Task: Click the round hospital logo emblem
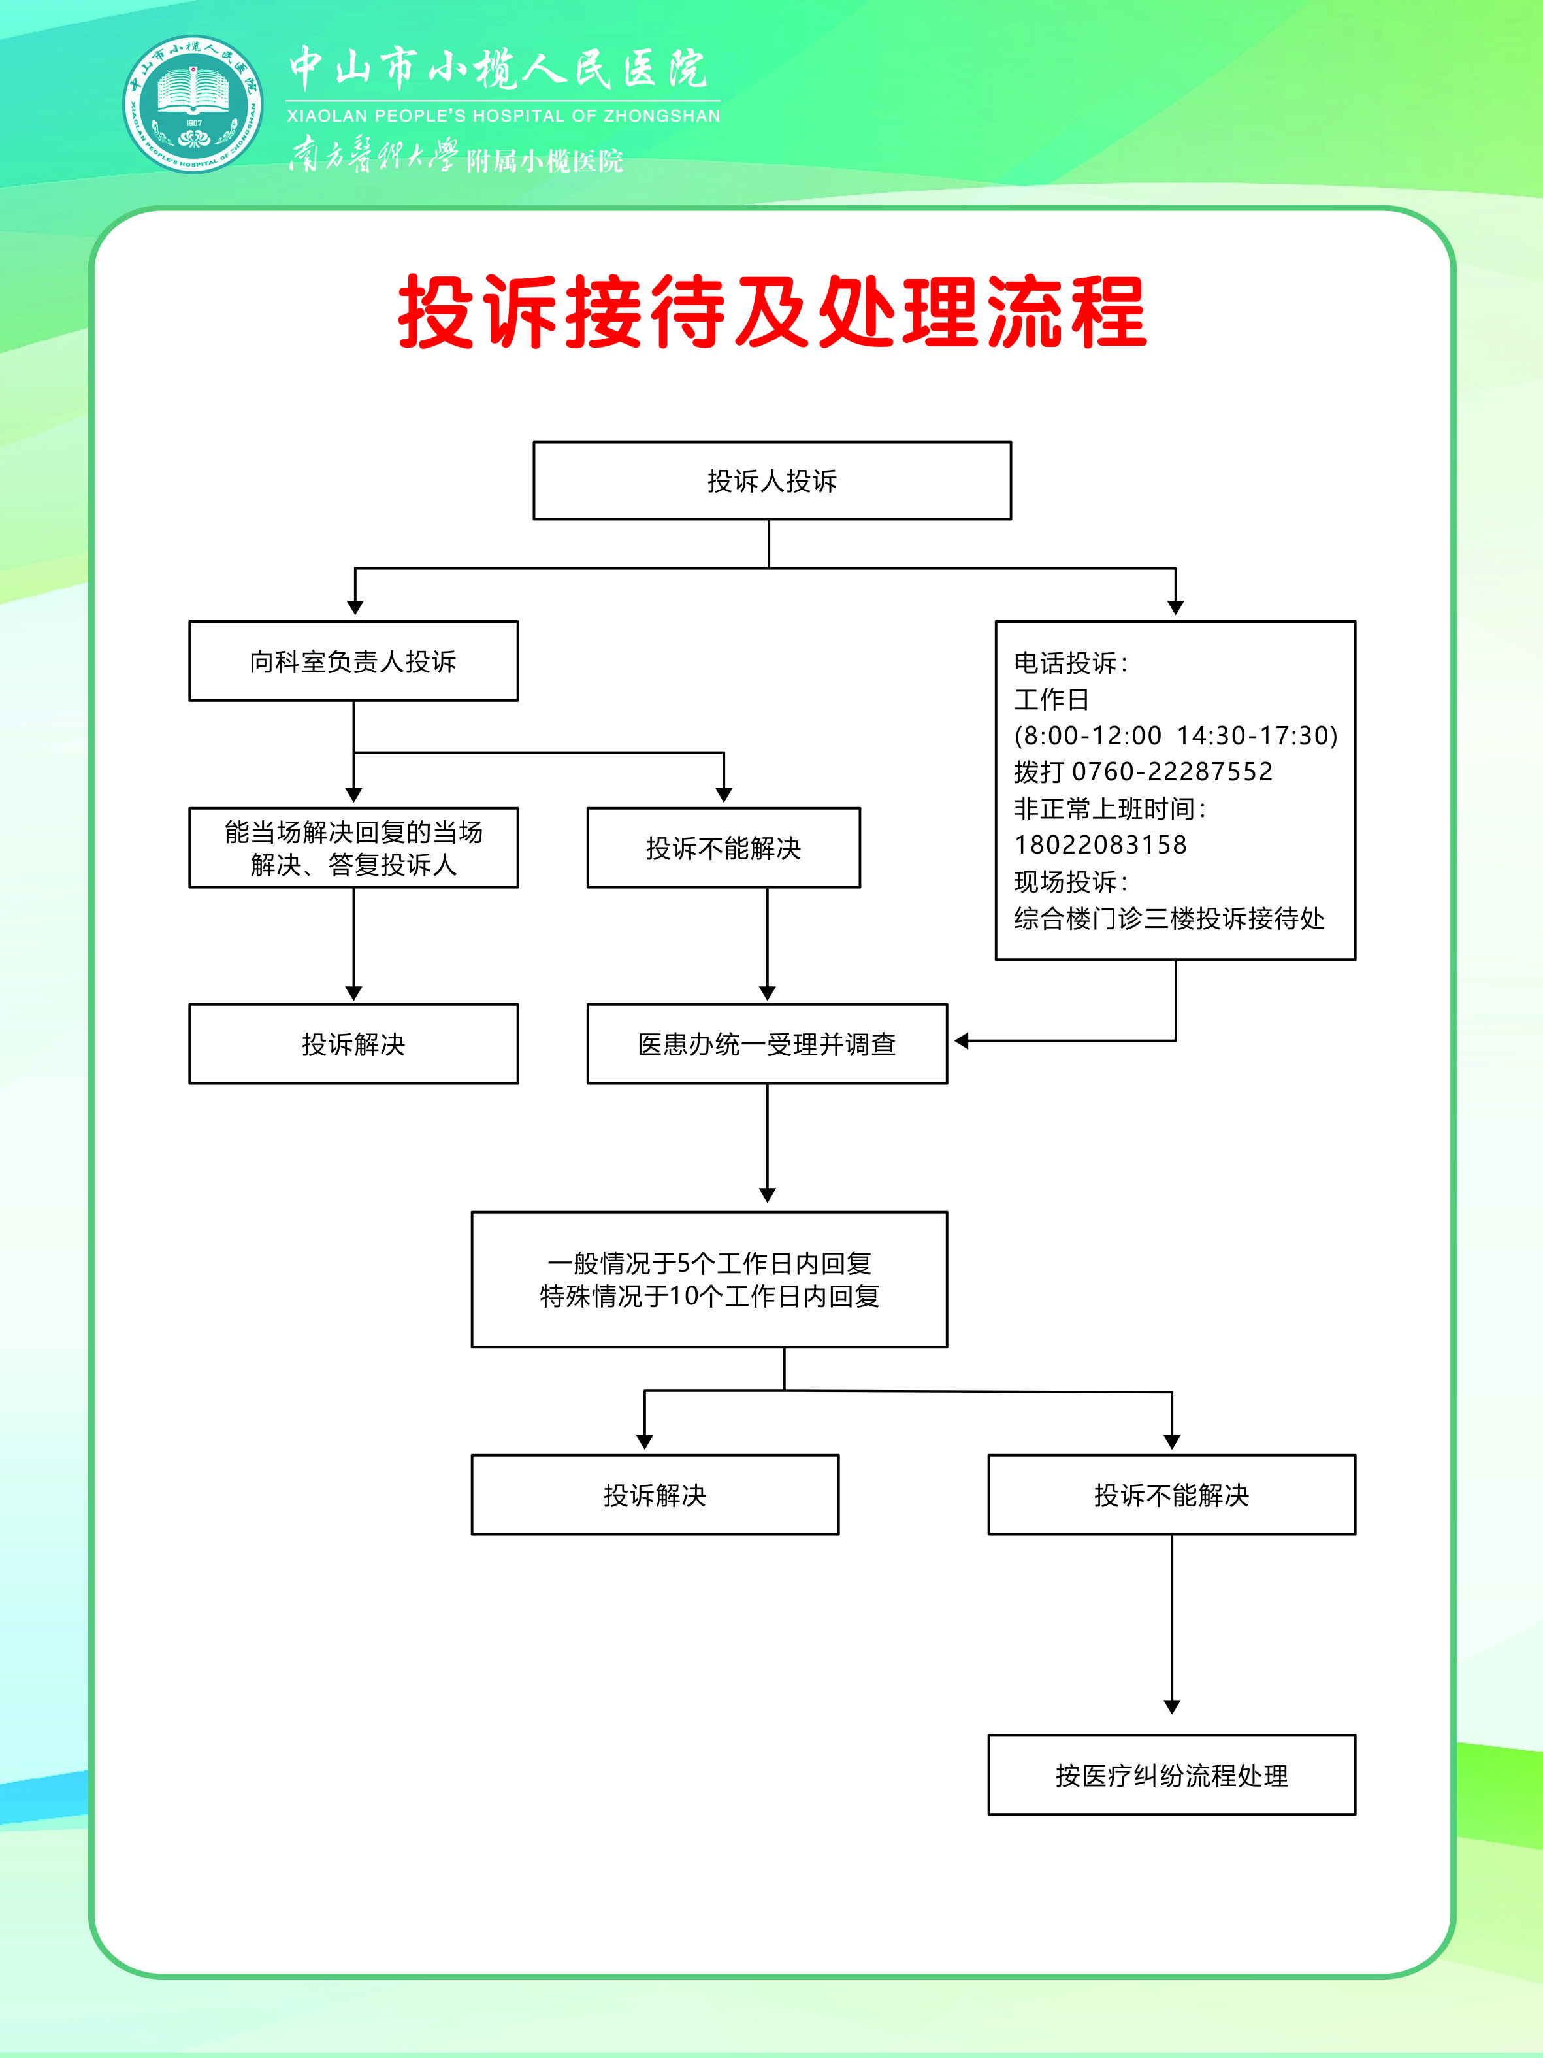tap(193, 103)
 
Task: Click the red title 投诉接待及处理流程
tap(772, 312)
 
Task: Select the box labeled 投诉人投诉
tap(772, 481)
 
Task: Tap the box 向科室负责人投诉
tap(353, 661)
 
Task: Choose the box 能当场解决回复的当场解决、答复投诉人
tap(353, 848)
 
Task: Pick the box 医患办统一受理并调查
tap(766, 1044)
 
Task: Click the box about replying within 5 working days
tap(709, 1279)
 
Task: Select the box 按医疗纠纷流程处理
tap(1171, 1775)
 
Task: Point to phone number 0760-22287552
tap(1172, 771)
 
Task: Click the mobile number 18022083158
tap(1100, 845)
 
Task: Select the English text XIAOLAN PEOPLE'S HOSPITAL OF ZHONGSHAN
tap(503, 116)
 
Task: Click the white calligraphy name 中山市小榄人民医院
tap(498, 68)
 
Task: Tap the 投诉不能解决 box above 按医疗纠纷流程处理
tap(1171, 1495)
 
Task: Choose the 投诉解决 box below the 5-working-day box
tap(655, 1495)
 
